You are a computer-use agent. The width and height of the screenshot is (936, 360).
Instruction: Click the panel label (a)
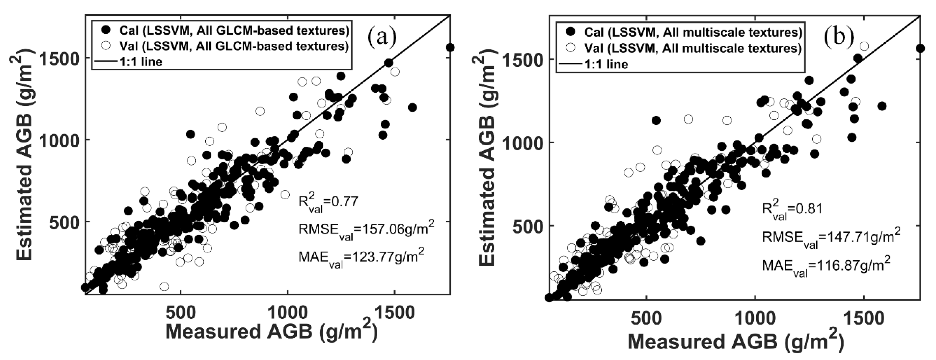381,38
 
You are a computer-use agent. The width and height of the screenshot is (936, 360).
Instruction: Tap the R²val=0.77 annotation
328,203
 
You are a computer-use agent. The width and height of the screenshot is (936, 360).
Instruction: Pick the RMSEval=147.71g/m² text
830,238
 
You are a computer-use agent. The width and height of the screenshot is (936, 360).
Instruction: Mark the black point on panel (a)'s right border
450,48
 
